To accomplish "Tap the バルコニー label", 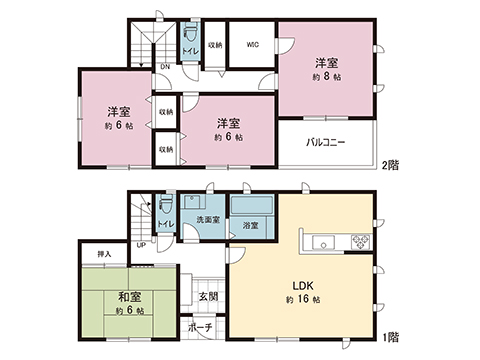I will (x=325, y=142).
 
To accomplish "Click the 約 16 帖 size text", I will (x=302, y=300).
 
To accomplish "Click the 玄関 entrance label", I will (x=207, y=296).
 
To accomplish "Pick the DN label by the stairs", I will (x=165, y=66).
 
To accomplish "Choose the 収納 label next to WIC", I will (x=215, y=45).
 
